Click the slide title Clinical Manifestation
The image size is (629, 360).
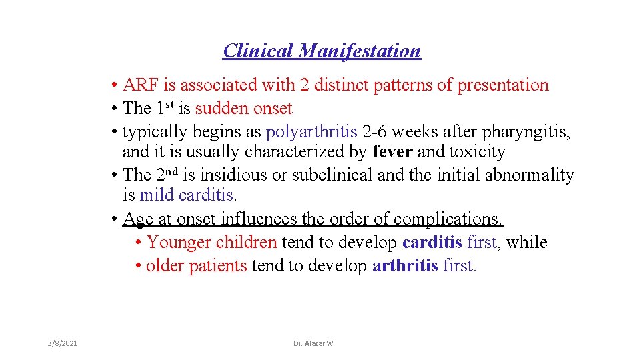click(x=322, y=51)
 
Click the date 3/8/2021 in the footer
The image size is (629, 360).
click(x=63, y=343)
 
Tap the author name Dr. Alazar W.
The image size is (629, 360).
click(x=314, y=343)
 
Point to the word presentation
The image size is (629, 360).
click(x=502, y=85)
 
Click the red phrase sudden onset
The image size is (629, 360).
click(x=243, y=108)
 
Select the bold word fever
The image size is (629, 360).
click(x=392, y=152)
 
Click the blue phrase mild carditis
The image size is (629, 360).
click(x=188, y=195)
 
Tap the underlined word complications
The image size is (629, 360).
click(x=448, y=219)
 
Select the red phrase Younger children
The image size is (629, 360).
click(x=212, y=242)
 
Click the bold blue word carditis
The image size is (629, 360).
click(x=432, y=242)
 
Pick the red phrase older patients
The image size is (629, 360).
click(x=197, y=265)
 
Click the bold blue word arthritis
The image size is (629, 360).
click(x=405, y=265)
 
